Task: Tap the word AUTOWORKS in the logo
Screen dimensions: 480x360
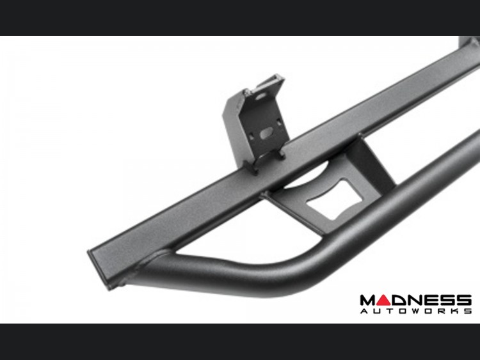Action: coord(416,311)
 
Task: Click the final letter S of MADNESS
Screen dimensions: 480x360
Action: coord(464,301)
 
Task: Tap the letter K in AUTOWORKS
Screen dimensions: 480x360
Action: coord(452,311)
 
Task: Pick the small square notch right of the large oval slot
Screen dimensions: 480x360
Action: coord(278,121)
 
